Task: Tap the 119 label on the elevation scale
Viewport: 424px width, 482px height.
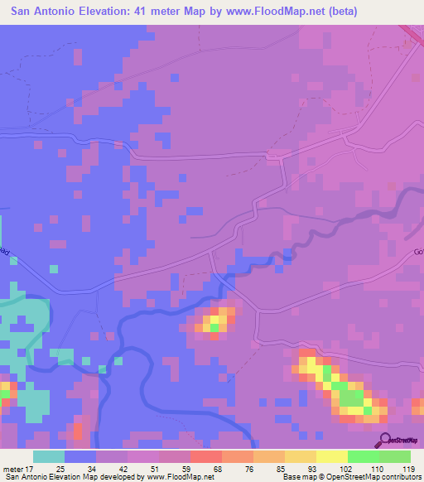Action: tap(407, 469)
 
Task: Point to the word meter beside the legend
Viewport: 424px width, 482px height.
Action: tap(16, 469)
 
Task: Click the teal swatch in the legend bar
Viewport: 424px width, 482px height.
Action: tap(49, 456)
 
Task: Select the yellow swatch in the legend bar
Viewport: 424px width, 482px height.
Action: tap(331, 456)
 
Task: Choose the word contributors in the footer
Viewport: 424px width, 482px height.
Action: tap(400, 478)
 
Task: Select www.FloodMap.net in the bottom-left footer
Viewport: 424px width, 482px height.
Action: tap(173, 478)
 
